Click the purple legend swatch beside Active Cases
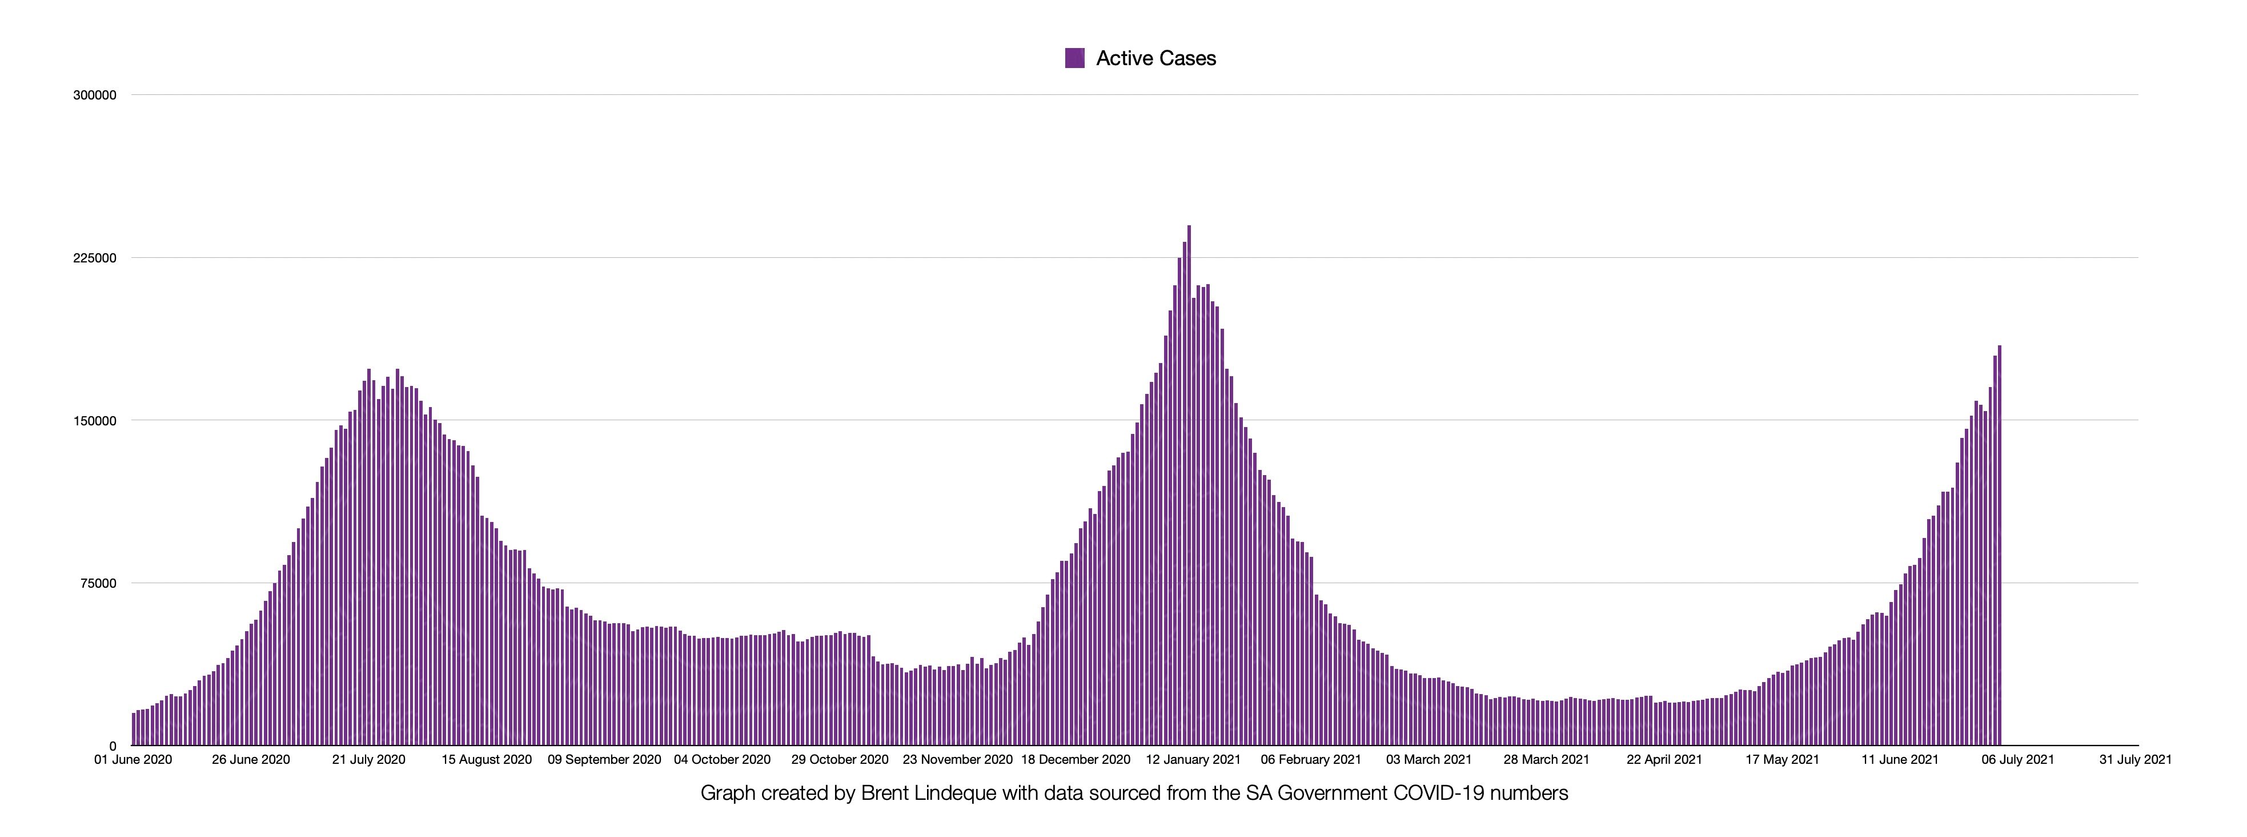pyautogui.click(x=1074, y=58)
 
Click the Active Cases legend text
pyautogui.click(x=1156, y=58)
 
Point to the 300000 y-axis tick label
pyautogui.click(x=94, y=95)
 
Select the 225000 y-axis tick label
pyautogui.click(x=94, y=258)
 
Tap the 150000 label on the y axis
pyautogui.click(x=94, y=421)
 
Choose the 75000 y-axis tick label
pyautogui.click(x=98, y=584)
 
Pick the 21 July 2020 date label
pyautogui.click(x=369, y=759)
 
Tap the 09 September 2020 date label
pyautogui.click(x=604, y=759)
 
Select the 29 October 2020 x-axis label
pyautogui.click(x=840, y=759)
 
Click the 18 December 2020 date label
pyautogui.click(x=1076, y=759)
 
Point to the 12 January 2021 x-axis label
pyautogui.click(x=1193, y=759)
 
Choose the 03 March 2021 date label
pyautogui.click(x=1429, y=759)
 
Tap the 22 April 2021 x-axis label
pyautogui.click(x=1664, y=759)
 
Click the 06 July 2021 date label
pyautogui.click(x=2017, y=759)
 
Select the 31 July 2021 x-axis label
pyautogui.click(x=2136, y=759)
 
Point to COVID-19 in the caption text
pyautogui.click(x=1438, y=794)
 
